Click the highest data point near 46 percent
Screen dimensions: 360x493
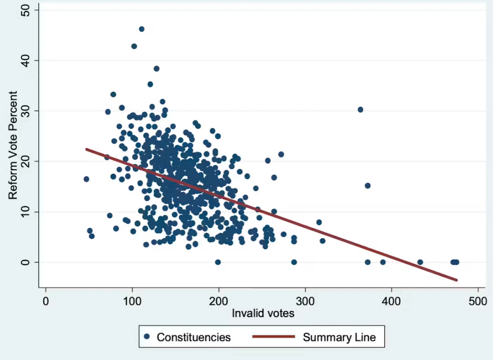(141, 29)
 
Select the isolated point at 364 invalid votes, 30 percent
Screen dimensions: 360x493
(360, 110)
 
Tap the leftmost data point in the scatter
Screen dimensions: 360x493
(86, 179)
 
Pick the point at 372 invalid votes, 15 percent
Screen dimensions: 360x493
(367, 186)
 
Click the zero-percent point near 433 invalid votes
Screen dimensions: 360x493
(420, 262)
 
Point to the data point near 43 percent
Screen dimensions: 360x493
(134, 46)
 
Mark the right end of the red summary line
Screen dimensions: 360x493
(457, 280)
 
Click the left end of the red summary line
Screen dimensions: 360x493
(86, 149)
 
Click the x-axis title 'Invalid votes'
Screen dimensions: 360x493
(263, 313)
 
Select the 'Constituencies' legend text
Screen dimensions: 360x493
(194, 337)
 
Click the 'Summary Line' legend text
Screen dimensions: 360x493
(339, 337)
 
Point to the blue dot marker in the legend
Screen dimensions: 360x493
(146, 337)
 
